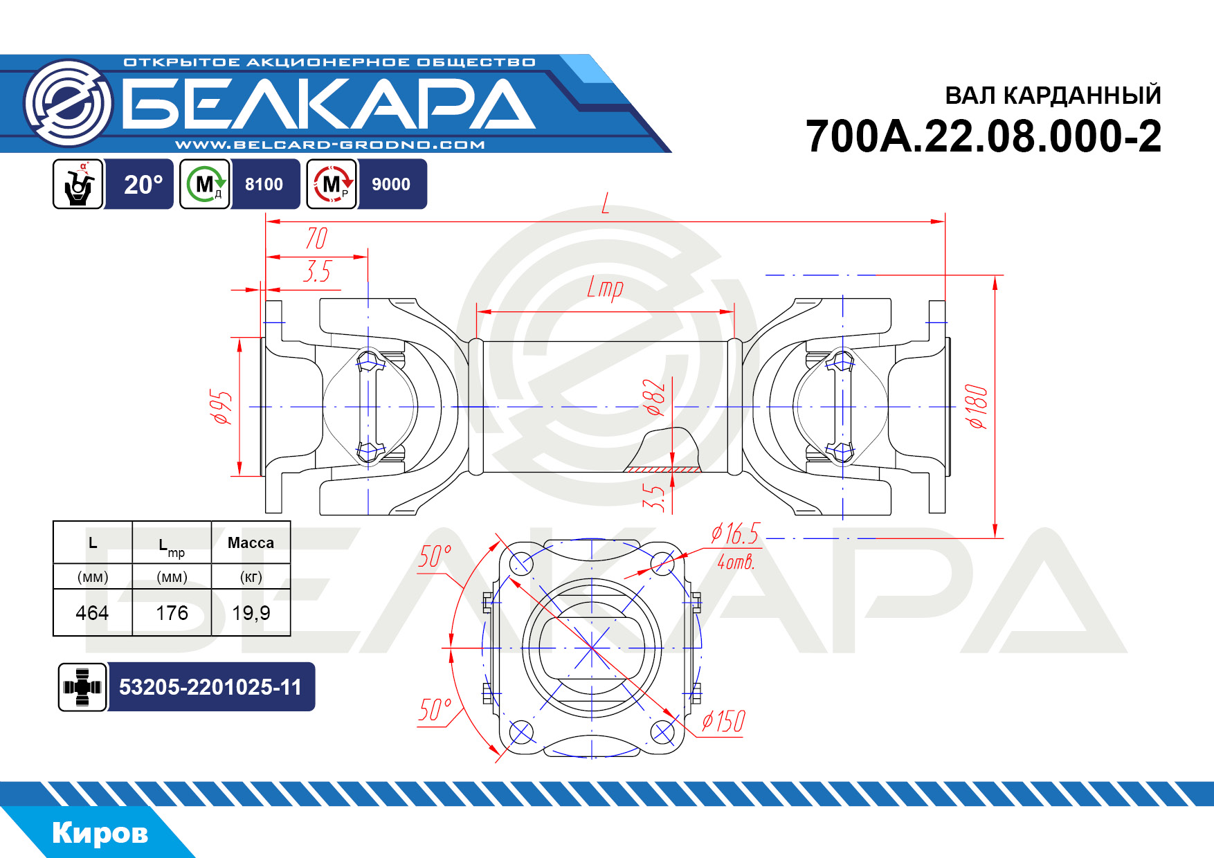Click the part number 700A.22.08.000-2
pos(984,136)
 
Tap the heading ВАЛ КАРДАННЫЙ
pos(1053,95)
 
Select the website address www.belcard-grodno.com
pos(330,145)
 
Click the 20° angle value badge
pos(143,184)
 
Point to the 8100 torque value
pos(264,184)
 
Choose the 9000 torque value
pos(391,184)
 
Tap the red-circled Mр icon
pos(332,184)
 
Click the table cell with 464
pos(92,613)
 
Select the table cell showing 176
pos(172,613)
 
